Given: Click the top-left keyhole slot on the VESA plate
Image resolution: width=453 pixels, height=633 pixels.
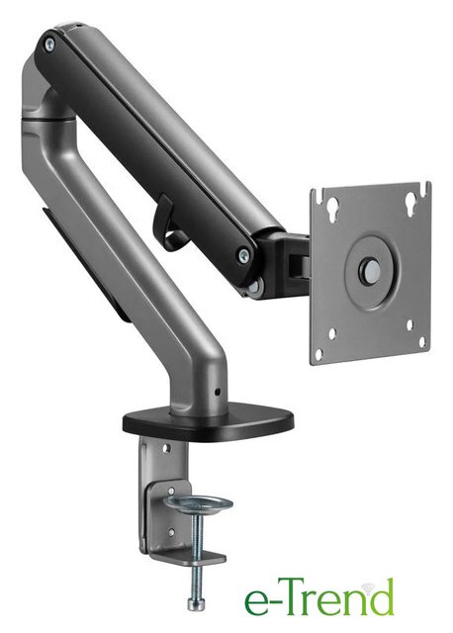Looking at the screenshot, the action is click(x=333, y=209).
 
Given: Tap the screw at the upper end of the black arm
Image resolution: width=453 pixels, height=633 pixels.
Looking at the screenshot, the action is click(x=49, y=44).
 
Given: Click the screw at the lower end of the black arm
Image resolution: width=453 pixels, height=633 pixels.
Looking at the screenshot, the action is click(x=243, y=255).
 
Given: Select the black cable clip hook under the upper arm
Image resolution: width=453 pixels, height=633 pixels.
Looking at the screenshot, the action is click(x=167, y=224).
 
